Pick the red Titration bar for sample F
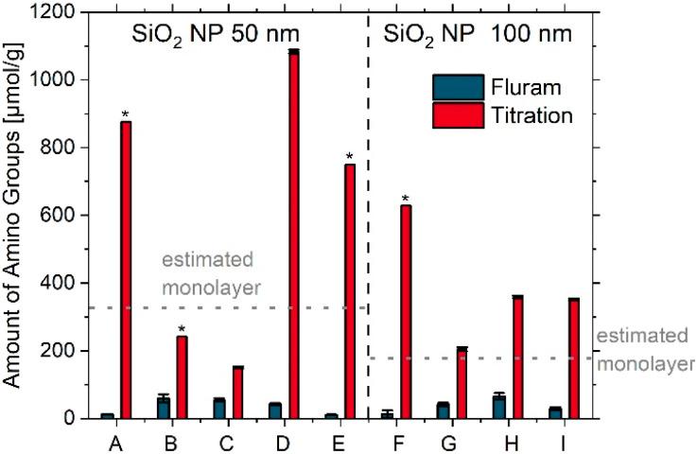pyautogui.click(x=406, y=311)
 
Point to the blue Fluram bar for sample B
pyautogui.click(x=164, y=408)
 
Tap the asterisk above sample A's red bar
pyautogui.click(x=126, y=114)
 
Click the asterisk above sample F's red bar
pyautogui.click(x=406, y=199)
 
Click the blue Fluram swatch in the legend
pyautogui.click(x=458, y=87)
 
